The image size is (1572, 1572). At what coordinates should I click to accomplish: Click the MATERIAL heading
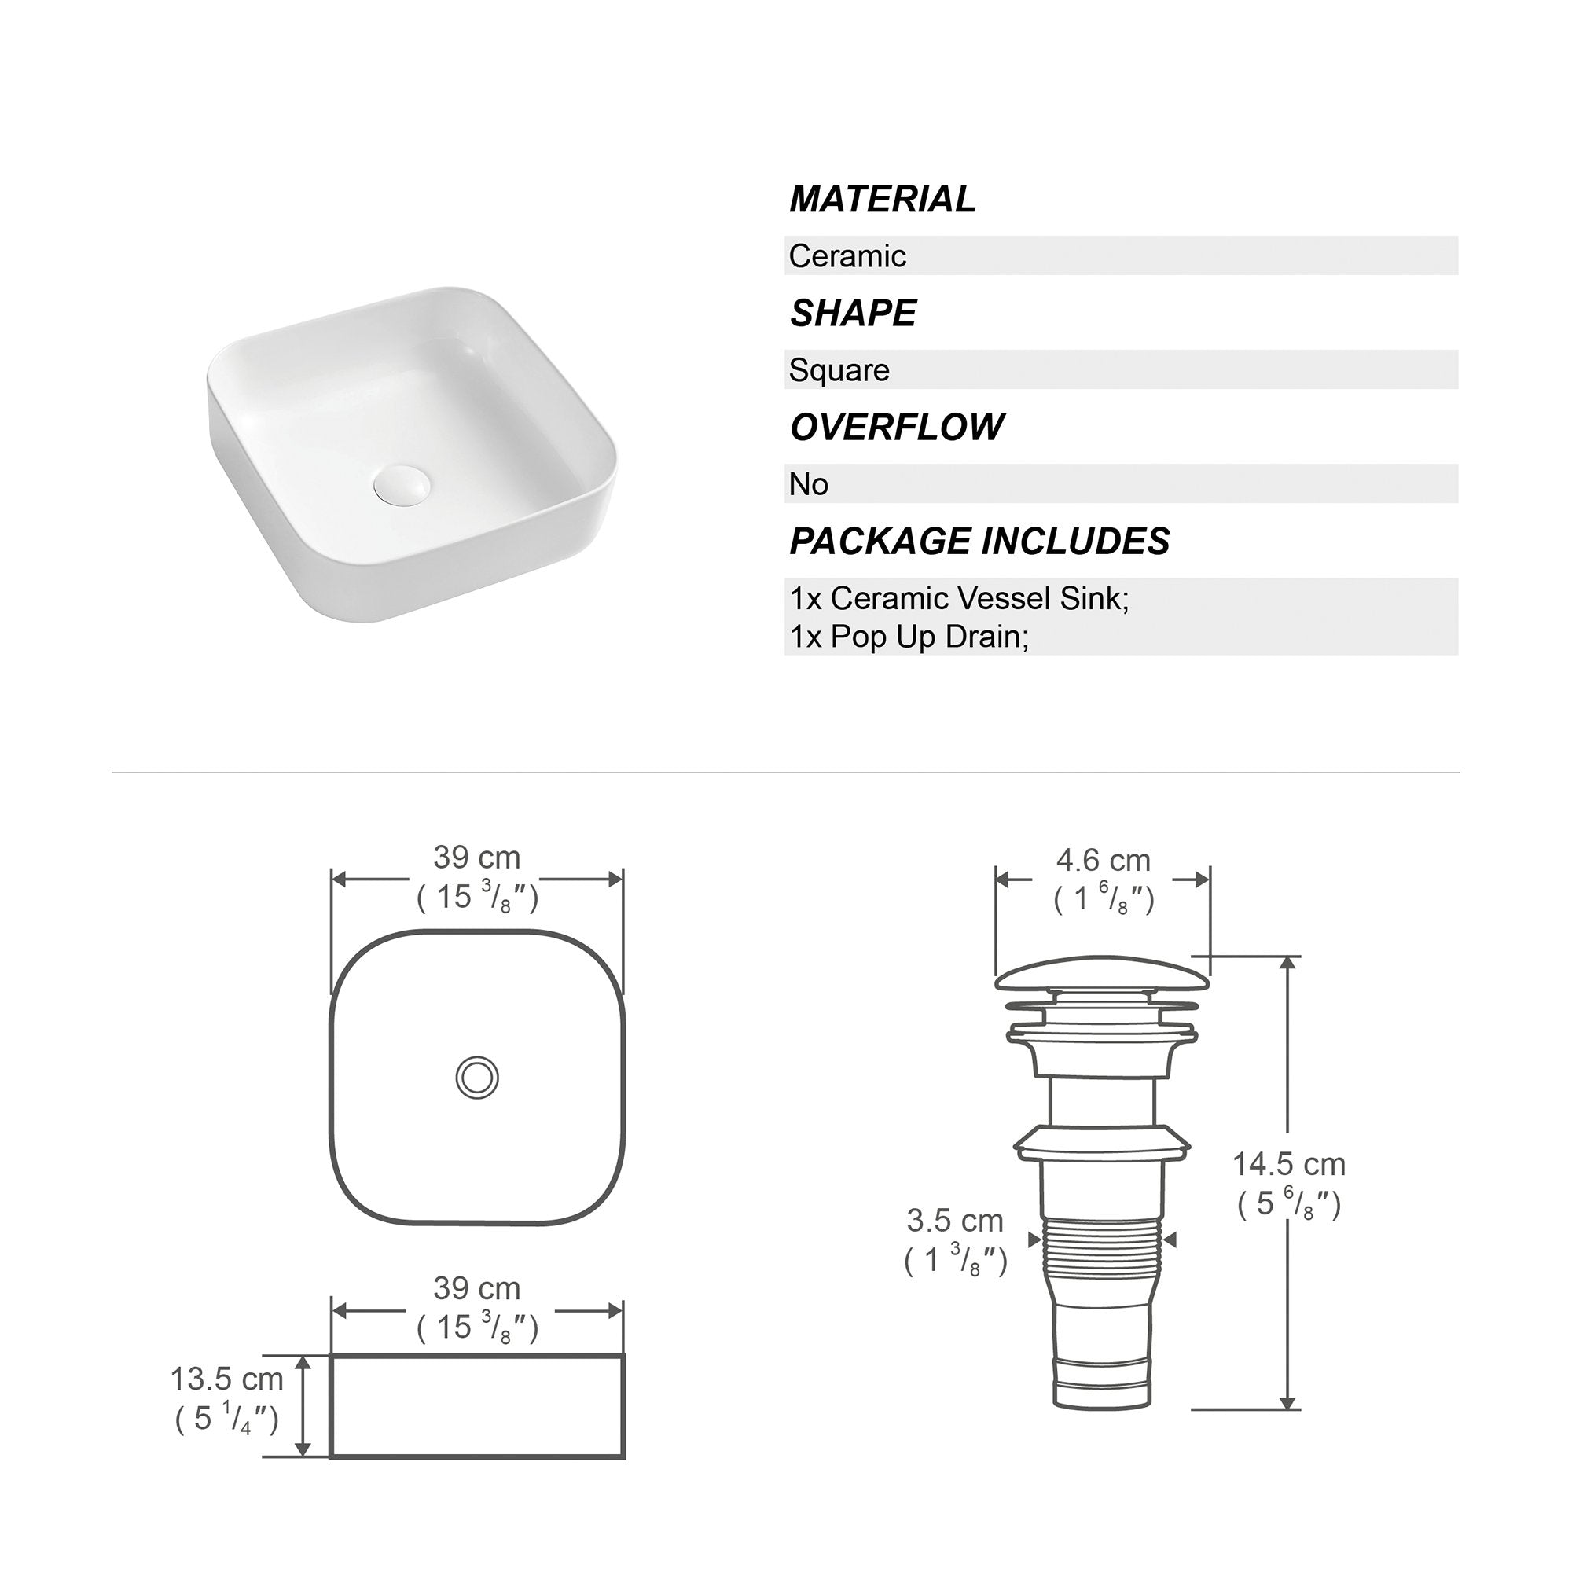(x=882, y=200)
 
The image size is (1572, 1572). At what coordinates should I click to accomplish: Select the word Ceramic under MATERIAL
(x=847, y=256)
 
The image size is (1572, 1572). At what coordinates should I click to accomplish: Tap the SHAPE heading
(x=853, y=314)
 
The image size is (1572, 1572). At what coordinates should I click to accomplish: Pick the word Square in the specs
(x=839, y=371)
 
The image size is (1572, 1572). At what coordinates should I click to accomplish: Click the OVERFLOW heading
(x=897, y=427)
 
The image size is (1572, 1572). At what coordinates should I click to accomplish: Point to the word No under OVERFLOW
(x=808, y=485)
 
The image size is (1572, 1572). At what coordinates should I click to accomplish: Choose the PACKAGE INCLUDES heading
(x=979, y=541)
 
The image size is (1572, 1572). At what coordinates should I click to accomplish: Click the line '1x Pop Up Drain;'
(x=909, y=637)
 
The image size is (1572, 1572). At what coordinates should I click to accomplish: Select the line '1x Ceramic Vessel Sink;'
(x=959, y=599)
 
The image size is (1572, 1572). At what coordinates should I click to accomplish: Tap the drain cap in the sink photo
(x=402, y=482)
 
